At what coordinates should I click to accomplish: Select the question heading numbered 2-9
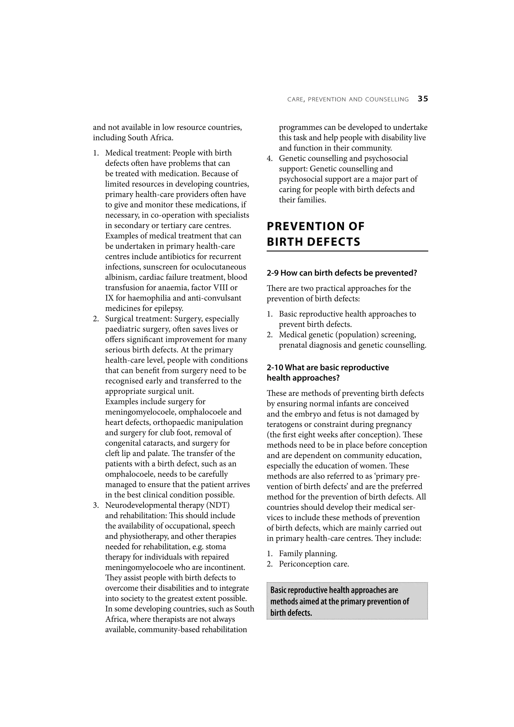[x=342, y=273]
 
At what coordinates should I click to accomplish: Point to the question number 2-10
[x=275, y=367]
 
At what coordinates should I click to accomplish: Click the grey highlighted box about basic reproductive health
[x=347, y=601]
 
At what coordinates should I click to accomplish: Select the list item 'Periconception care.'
[x=313, y=564]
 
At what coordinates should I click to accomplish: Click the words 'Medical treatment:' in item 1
[x=138, y=153]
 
